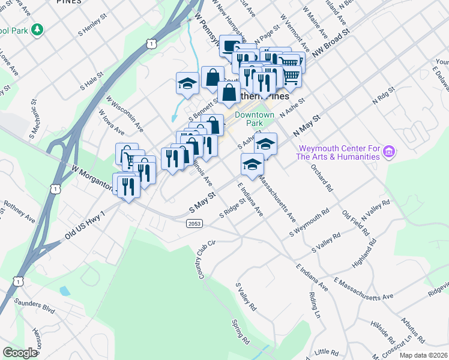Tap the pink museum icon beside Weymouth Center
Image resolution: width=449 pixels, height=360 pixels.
[388, 152]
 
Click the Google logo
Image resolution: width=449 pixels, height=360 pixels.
[20, 353]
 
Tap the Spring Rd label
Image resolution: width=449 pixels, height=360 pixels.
[240, 330]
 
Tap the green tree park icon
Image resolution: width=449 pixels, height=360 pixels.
[37, 29]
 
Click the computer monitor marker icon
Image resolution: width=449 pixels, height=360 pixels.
[231, 46]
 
